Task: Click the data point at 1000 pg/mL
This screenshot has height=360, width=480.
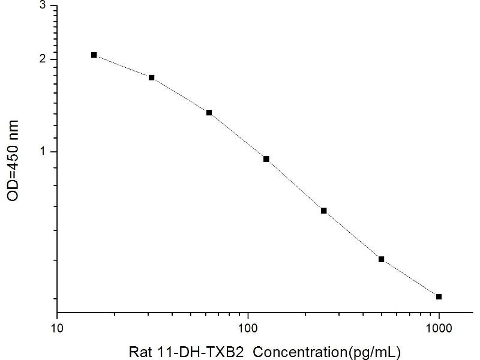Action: (x=439, y=296)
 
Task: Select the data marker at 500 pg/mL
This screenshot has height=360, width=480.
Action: (x=382, y=259)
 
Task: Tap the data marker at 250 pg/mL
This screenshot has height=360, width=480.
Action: (x=324, y=211)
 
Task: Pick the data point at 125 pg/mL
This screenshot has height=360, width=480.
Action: (x=266, y=159)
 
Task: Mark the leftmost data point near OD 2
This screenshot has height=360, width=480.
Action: (x=94, y=55)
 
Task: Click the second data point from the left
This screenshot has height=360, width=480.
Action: (x=152, y=77)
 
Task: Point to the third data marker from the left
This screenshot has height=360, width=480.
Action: (x=209, y=113)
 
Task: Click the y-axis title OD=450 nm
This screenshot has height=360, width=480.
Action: (x=13, y=160)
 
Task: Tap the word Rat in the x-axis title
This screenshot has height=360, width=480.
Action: (x=139, y=351)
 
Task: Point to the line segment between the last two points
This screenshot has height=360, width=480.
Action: (x=410, y=278)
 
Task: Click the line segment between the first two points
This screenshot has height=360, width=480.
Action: (x=123, y=66)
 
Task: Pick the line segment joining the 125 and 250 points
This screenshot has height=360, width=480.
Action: (x=295, y=185)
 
